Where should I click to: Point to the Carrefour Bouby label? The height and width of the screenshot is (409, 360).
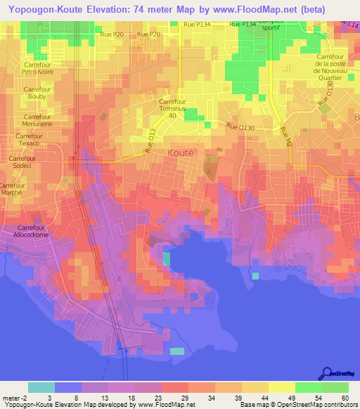pos(37,94)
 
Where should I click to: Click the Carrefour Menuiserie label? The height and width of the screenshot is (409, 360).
pos(37,121)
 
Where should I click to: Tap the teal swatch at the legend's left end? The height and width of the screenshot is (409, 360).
pos(41,387)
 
